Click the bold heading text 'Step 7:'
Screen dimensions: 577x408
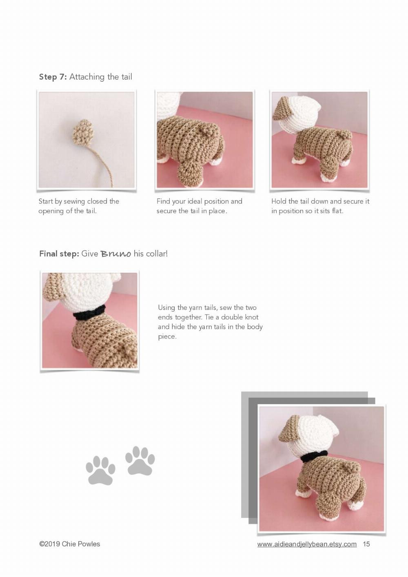[53, 77]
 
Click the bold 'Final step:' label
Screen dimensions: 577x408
[59, 254]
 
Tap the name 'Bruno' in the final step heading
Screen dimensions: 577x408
[116, 254]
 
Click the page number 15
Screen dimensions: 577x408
[366, 544]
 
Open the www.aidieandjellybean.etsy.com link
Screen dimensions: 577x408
[307, 544]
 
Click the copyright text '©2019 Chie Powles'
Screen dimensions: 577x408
[69, 544]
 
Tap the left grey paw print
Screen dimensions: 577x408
[100, 471]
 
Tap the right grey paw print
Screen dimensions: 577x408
[140, 461]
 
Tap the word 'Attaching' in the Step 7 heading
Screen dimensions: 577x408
[87, 77]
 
